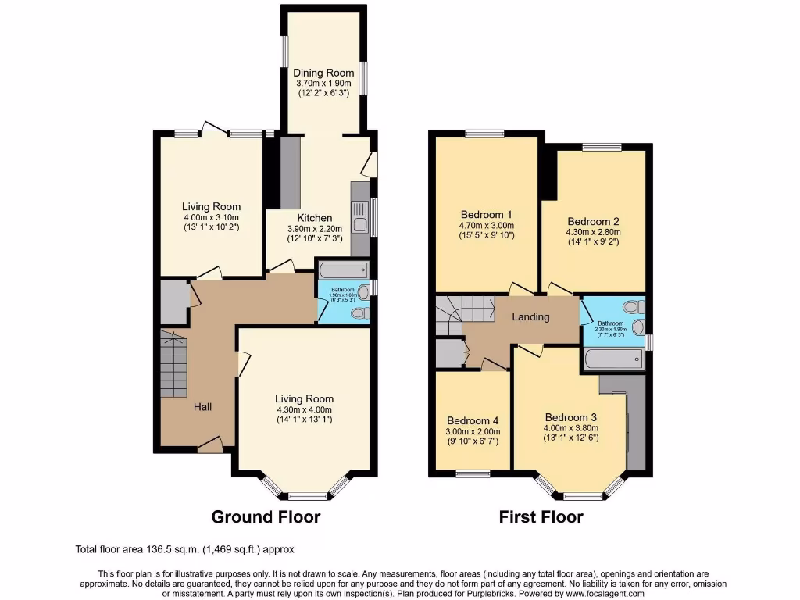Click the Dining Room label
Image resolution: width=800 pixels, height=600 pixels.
[x=323, y=73]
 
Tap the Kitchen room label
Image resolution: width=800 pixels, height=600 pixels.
[x=314, y=218]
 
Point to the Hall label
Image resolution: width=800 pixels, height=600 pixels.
[x=202, y=406]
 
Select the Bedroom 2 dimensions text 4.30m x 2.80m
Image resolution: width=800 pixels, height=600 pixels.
[x=593, y=231]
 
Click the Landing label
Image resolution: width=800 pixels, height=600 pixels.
[x=530, y=316]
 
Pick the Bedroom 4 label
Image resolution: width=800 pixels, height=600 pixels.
[x=471, y=418]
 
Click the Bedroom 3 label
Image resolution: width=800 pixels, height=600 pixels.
[x=571, y=416]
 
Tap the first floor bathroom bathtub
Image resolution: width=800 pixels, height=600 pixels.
[x=613, y=361]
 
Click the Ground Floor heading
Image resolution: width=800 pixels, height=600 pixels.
[x=266, y=516]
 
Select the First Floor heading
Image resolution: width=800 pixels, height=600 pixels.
[x=541, y=516]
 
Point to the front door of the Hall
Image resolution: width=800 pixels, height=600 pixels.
[x=209, y=445]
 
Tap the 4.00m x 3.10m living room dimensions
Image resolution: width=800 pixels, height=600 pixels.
[x=210, y=217]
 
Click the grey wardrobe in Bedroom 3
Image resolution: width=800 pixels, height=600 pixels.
[x=636, y=426]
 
